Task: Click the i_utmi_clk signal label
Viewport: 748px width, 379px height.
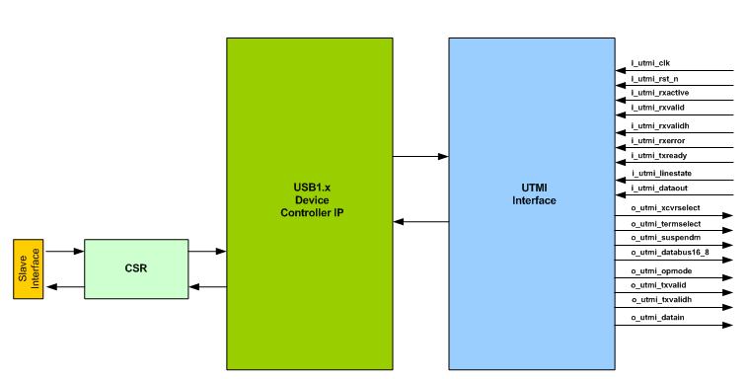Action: point(651,63)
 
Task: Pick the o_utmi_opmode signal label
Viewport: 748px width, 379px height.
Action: point(659,269)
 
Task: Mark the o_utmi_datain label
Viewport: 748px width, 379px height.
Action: point(657,317)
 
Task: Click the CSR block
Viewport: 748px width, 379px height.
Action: point(136,267)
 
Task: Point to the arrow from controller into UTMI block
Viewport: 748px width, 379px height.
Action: point(420,156)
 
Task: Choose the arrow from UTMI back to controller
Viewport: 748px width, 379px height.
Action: point(420,222)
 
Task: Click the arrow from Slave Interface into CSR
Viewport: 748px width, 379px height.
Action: point(64,252)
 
